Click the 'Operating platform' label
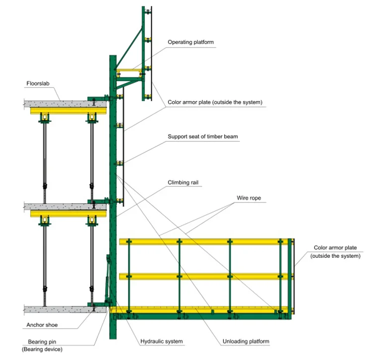(x=190, y=43)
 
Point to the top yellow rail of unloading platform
(x=203, y=241)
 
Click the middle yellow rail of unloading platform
(x=203, y=276)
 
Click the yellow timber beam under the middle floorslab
(x=69, y=213)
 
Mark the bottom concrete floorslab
(x=60, y=309)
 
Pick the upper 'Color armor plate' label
(x=214, y=103)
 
